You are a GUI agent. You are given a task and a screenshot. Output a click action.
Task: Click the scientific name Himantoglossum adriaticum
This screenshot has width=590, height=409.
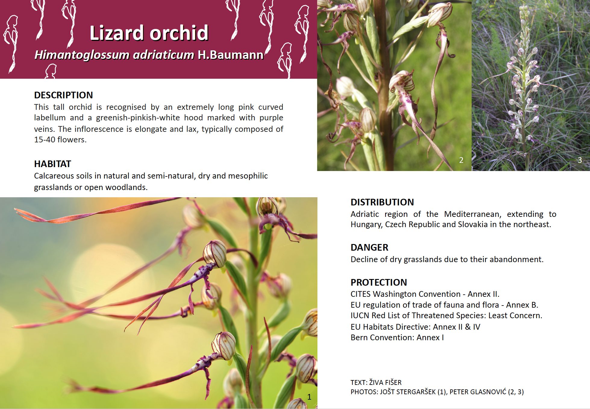coord(114,55)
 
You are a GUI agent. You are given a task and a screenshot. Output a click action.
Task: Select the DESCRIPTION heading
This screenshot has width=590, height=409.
coord(63,95)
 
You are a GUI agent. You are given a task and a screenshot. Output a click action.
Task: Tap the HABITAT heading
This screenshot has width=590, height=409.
coord(52,164)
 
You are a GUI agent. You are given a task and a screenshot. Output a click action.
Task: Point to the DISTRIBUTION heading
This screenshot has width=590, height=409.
coord(382,202)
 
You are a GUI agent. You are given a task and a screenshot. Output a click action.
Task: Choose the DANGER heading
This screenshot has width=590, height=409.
coord(369,247)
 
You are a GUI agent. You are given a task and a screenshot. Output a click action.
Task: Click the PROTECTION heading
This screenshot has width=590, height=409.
coord(379,282)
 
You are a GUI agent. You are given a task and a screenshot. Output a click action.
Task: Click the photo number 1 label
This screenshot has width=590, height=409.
coord(309,397)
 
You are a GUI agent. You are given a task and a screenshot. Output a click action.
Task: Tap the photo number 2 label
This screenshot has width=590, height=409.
coord(461,160)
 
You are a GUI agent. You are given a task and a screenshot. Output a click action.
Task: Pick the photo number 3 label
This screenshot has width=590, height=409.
coord(579,160)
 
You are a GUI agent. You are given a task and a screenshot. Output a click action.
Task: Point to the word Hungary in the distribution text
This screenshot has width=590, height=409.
coord(366,225)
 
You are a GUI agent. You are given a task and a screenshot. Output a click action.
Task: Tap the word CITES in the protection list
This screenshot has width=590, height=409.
coord(361,294)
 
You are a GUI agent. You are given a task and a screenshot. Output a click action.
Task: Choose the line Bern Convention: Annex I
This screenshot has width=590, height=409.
coord(397,338)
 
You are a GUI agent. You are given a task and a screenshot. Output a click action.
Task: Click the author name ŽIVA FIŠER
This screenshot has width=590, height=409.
coord(385,382)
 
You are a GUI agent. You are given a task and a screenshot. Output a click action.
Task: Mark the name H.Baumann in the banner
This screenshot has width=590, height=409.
coord(231,55)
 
